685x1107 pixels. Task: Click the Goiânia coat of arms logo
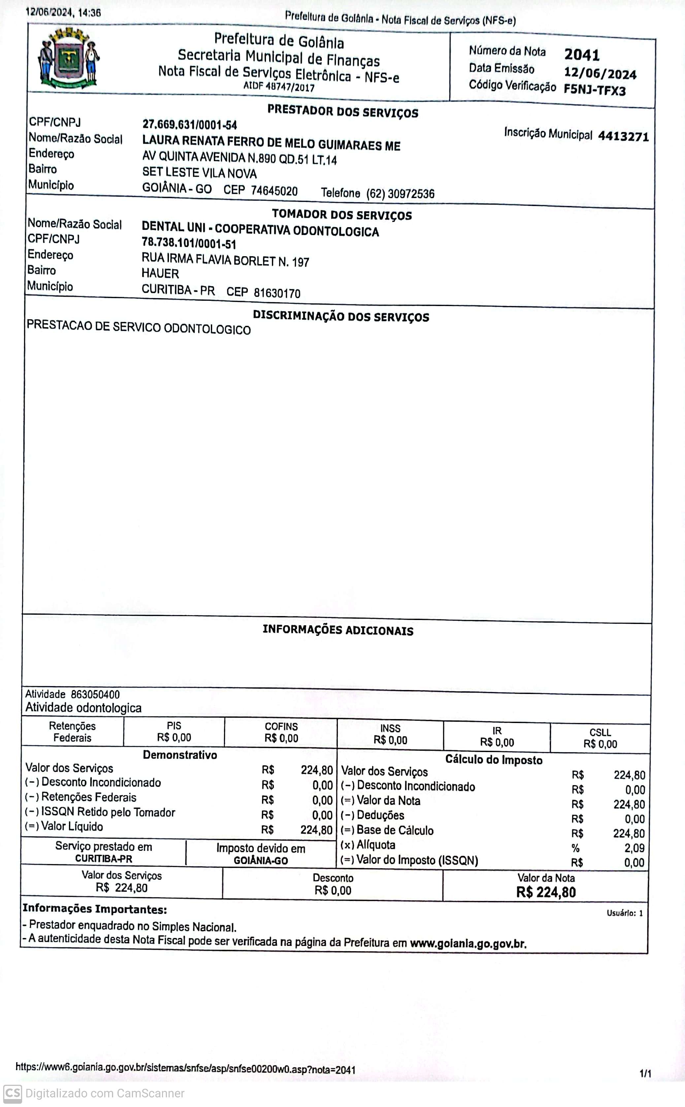click(69, 58)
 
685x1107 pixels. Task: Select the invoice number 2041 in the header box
click(582, 55)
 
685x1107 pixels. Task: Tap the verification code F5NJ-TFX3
click(594, 89)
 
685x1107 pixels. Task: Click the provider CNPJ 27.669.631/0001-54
click(189, 125)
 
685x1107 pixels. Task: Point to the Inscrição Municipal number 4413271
click(623, 136)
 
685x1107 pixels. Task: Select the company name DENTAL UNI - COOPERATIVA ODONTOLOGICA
click(260, 229)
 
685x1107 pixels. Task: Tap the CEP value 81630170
click(277, 293)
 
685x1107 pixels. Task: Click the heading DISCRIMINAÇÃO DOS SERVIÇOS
click(341, 316)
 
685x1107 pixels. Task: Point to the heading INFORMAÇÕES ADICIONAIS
click(338, 630)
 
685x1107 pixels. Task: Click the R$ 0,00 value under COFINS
click(281, 738)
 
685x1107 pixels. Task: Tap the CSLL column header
click(600, 732)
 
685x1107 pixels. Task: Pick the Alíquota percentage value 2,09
click(634, 848)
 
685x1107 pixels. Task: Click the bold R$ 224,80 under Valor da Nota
click(546, 892)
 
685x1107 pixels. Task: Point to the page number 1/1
click(645, 1073)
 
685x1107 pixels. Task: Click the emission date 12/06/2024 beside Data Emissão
click(600, 73)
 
